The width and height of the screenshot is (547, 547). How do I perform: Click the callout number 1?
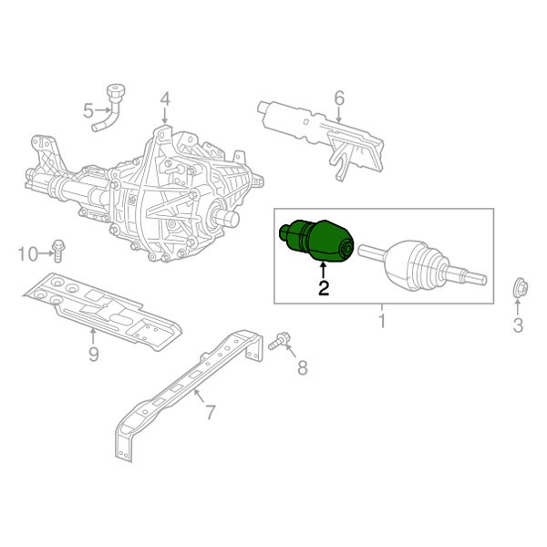pyautogui.click(x=382, y=321)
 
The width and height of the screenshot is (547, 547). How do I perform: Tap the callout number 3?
pyautogui.click(x=517, y=325)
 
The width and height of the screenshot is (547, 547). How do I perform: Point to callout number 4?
pyautogui.click(x=165, y=98)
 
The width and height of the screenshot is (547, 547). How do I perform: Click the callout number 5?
pyautogui.click(x=88, y=111)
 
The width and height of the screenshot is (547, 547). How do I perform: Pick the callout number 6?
pyautogui.click(x=338, y=98)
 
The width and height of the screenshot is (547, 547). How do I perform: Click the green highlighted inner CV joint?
pyautogui.click(x=317, y=241)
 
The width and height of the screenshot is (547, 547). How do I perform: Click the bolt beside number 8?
pyautogui.click(x=280, y=341)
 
